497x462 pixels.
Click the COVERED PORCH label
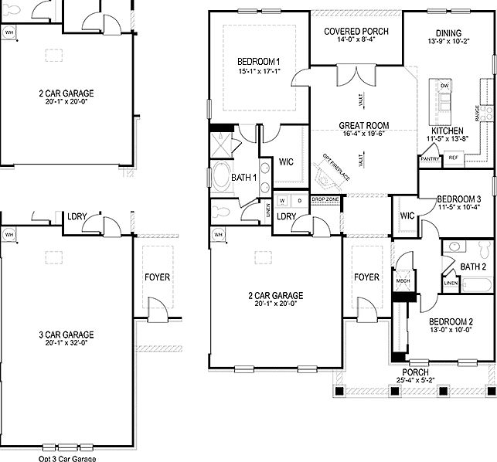coord(356,32)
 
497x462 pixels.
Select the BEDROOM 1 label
coord(258,62)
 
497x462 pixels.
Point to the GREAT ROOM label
coord(363,125)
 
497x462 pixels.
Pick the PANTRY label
coord(430,158)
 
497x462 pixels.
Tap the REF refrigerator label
coord(453,158)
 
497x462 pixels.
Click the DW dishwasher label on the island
coord(444,85)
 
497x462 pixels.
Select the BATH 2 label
coord(472,267)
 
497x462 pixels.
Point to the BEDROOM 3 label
coord(458,198)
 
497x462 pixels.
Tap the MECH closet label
coord(403,281)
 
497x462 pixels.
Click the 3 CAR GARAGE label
coord(66,335)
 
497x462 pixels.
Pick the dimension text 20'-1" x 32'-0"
coord(66,343)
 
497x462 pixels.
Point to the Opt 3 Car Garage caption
coord(67,458)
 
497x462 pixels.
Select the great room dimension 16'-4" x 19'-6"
coord(363,134)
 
